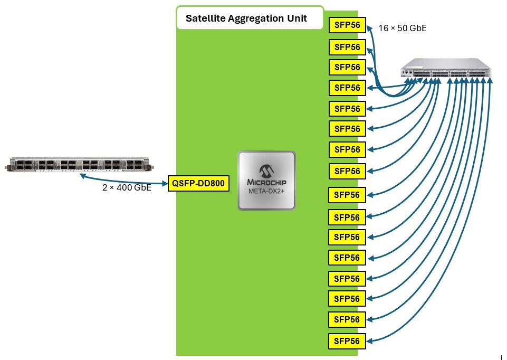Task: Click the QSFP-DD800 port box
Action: tap(198, 183)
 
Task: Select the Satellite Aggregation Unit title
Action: tap(246, 18)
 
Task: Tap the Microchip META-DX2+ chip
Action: tap(267, 181)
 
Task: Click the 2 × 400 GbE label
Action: tap(127, 187)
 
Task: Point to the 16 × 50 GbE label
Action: tap(403, 28)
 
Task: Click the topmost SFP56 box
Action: tap(347, 25)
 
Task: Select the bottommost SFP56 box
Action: tap(347, 341)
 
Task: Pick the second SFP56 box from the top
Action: tap(347, 47)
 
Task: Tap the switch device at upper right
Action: tap(446, 68)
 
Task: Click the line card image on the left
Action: tap(79, 164)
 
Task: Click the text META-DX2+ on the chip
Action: tap(266, 191)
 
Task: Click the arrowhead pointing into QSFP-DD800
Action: tap(165, 183)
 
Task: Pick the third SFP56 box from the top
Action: tap(347, 67)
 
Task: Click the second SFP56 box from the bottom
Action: tap(347, 319)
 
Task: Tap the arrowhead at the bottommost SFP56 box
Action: tap(370, 341)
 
